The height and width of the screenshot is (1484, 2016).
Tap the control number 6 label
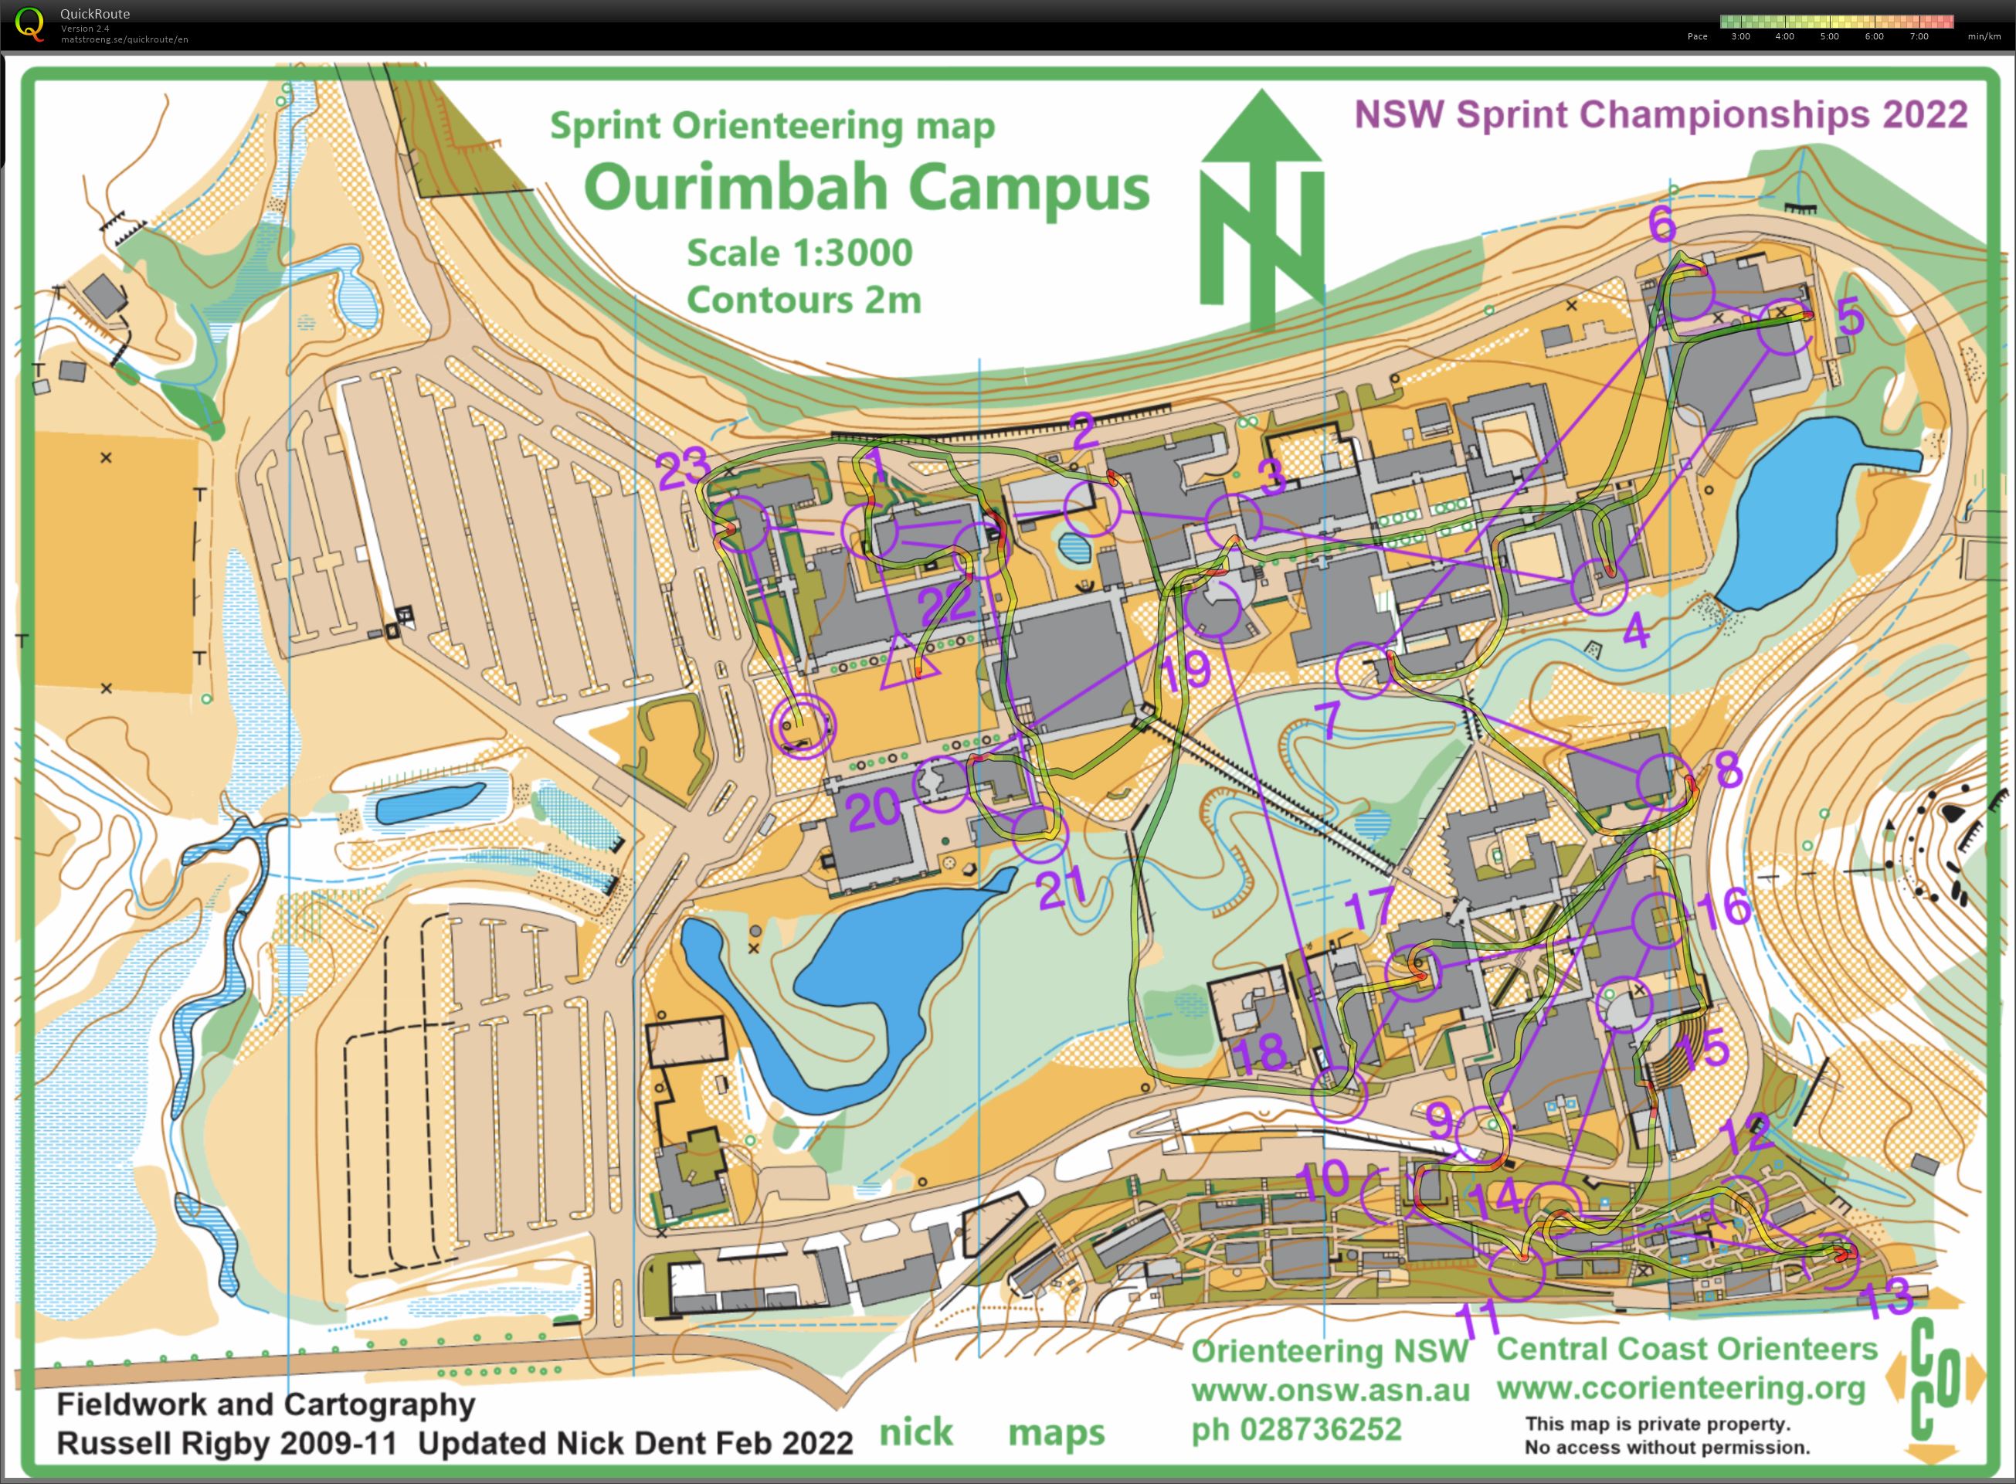[x=1662, y=225]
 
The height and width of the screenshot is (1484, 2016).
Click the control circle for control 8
[x=1663, y=781]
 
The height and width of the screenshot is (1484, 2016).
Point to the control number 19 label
[x=1186, y=670]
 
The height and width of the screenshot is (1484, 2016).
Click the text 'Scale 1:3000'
[x=799, y=253]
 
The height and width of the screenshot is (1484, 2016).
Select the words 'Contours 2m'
[x=804, y=300]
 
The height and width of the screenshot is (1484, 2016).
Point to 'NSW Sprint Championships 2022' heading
[x=1661, y=115]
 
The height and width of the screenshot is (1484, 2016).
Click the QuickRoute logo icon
[x=29, y=23]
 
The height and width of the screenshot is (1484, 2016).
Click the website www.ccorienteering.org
[x=1680, y=1389]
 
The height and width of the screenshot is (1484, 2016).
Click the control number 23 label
[x=683, y=470]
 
